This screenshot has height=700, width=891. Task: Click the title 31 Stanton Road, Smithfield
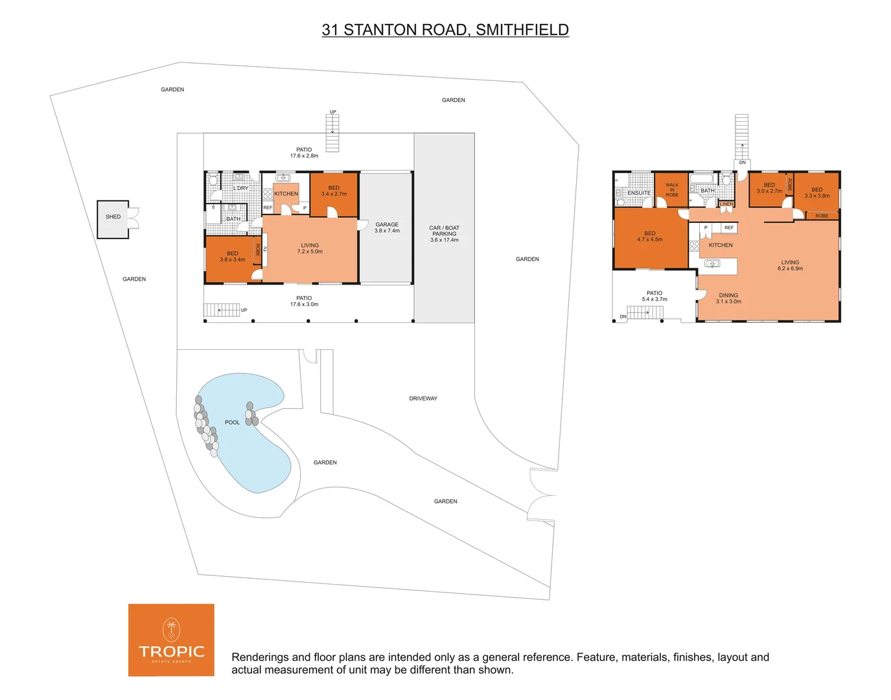click(445, 30)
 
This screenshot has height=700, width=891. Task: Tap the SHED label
click(113, 217)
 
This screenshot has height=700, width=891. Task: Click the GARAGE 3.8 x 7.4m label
click(387, 227)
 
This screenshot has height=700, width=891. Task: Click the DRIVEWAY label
click(423, 399)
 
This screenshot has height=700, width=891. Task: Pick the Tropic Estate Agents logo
click(171, 640)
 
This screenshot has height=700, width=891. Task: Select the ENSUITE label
click(639, 193)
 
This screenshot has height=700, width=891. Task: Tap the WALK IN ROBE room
click(672, 189)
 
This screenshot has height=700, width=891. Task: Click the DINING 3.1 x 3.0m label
click(728, 298)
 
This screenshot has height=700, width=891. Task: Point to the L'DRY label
click(240, 188)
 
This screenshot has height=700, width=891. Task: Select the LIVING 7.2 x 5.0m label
click(310, 248)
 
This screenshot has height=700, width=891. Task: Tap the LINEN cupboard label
click(726, 204)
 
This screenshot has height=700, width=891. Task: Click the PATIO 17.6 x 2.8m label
click(304, 152)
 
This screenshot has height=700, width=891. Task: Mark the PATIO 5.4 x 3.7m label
click(654, 296)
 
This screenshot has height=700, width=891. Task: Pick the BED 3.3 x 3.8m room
click(816, 192)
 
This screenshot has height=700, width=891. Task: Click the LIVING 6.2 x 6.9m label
click(790, 265)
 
